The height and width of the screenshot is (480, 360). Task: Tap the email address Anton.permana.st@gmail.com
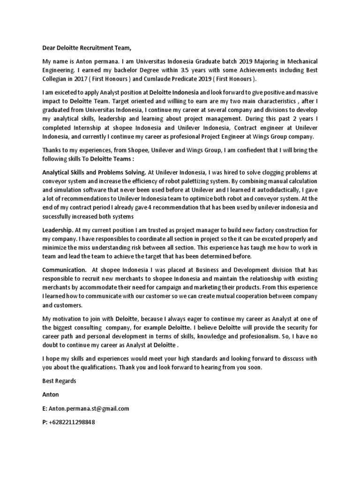click(89, 408)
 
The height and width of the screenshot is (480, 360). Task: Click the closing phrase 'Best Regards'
click(59, 381)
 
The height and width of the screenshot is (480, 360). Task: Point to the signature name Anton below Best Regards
click(51, 395)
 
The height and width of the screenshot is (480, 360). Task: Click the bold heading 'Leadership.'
click(58, 230)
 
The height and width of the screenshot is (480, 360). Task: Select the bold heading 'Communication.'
click(64, 270)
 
